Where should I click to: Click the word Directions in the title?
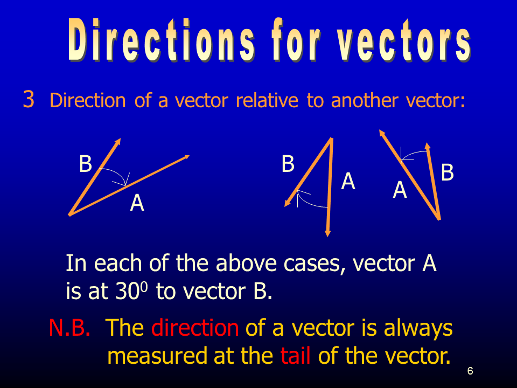pos(161,40)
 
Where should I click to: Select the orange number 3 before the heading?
pos(29,99)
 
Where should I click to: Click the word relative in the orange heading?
pos(267,100)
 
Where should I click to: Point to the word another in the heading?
pos(365,100)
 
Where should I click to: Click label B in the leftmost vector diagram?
pos(86,163)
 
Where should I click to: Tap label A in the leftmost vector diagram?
pos(137,203)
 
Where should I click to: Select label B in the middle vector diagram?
pos(288,164)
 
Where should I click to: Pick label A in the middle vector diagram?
pos(348,181)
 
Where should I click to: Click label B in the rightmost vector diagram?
pos(447,172)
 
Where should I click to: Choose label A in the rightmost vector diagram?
pos(400,190)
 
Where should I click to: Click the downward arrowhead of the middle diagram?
pos(327,232)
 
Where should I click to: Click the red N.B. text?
pos(69,328)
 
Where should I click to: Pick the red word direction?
pos(195,328)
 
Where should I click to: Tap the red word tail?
pos(296,356)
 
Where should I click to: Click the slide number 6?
pos(470,371)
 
